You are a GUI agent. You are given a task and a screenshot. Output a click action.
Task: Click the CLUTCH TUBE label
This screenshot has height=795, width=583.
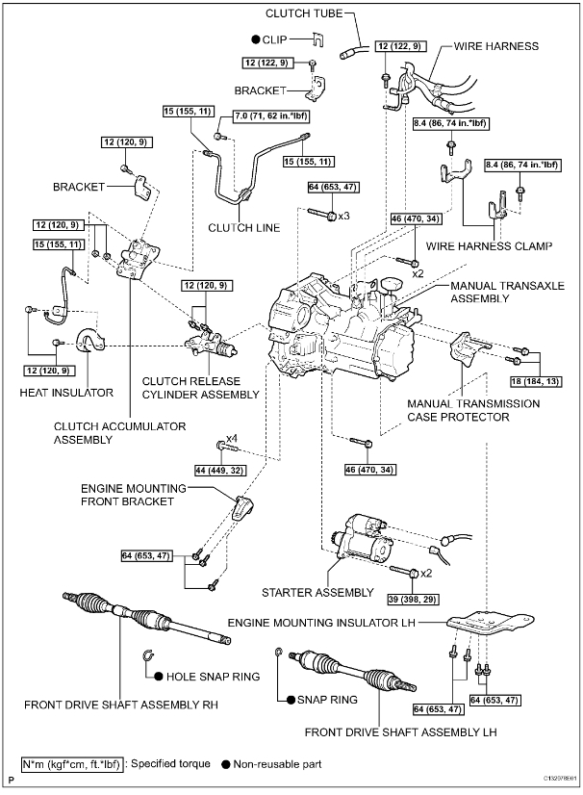click(x=306, y=13)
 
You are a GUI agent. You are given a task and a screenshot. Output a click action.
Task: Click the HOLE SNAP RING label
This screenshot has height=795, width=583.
click(x=215, y=677)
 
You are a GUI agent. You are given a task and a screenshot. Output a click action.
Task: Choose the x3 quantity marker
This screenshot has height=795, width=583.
click(x=342, y=214)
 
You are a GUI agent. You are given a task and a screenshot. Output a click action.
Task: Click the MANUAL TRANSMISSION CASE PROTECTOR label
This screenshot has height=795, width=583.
click(x=472, y=410)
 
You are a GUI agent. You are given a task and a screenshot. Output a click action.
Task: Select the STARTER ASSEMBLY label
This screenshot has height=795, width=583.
click(x=317, y=592)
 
